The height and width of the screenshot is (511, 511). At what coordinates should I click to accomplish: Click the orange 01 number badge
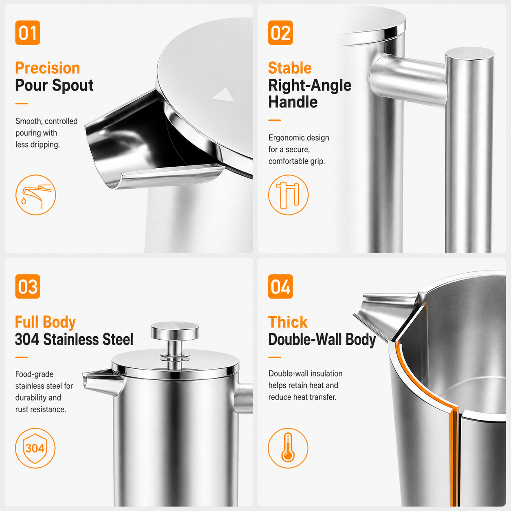pos(28,33)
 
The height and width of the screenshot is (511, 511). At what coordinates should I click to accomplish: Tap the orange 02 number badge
pos(280,33)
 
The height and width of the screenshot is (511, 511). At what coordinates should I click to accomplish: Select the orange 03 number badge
pos(28,286)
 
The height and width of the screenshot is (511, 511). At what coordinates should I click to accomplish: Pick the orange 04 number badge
pos(280,286)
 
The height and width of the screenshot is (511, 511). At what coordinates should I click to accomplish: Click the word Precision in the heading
pos(47,68)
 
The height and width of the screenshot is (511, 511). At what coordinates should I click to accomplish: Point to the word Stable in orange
pos(290,68)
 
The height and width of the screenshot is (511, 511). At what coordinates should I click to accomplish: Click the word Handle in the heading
pos(293,102)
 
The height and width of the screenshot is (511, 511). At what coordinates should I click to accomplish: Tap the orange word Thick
pos(288,322)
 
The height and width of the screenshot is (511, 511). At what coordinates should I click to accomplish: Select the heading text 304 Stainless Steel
pos(74,339)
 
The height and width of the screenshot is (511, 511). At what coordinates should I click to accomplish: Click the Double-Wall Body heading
pos(322,339)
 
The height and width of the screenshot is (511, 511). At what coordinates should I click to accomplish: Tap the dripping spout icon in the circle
pos(35,195)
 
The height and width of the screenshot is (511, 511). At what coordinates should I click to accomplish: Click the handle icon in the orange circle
pos(288,195)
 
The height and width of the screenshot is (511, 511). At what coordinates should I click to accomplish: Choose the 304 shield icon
pos(35,448)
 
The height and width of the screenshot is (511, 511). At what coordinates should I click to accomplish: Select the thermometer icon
pos(288,448)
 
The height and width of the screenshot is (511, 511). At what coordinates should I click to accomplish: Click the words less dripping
pos(37,145)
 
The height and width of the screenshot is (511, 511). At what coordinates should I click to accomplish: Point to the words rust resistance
pos(41,409)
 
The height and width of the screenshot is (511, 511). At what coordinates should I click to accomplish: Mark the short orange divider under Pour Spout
pos(22,104)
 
